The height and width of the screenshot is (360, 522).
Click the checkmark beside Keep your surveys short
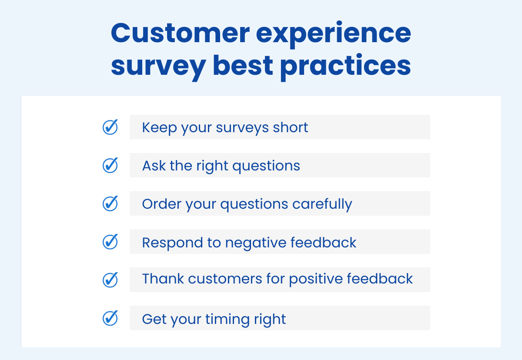[110, 127]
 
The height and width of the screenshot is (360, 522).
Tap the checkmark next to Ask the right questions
[110, 165]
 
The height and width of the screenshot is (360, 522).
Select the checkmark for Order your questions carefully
[110, 203]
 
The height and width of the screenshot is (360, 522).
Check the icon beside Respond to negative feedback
[110, 242]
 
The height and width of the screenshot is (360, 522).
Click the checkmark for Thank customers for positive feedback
[110, 280]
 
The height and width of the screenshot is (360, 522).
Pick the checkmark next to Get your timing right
[110, 318]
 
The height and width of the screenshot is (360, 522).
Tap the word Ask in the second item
[151, 166]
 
